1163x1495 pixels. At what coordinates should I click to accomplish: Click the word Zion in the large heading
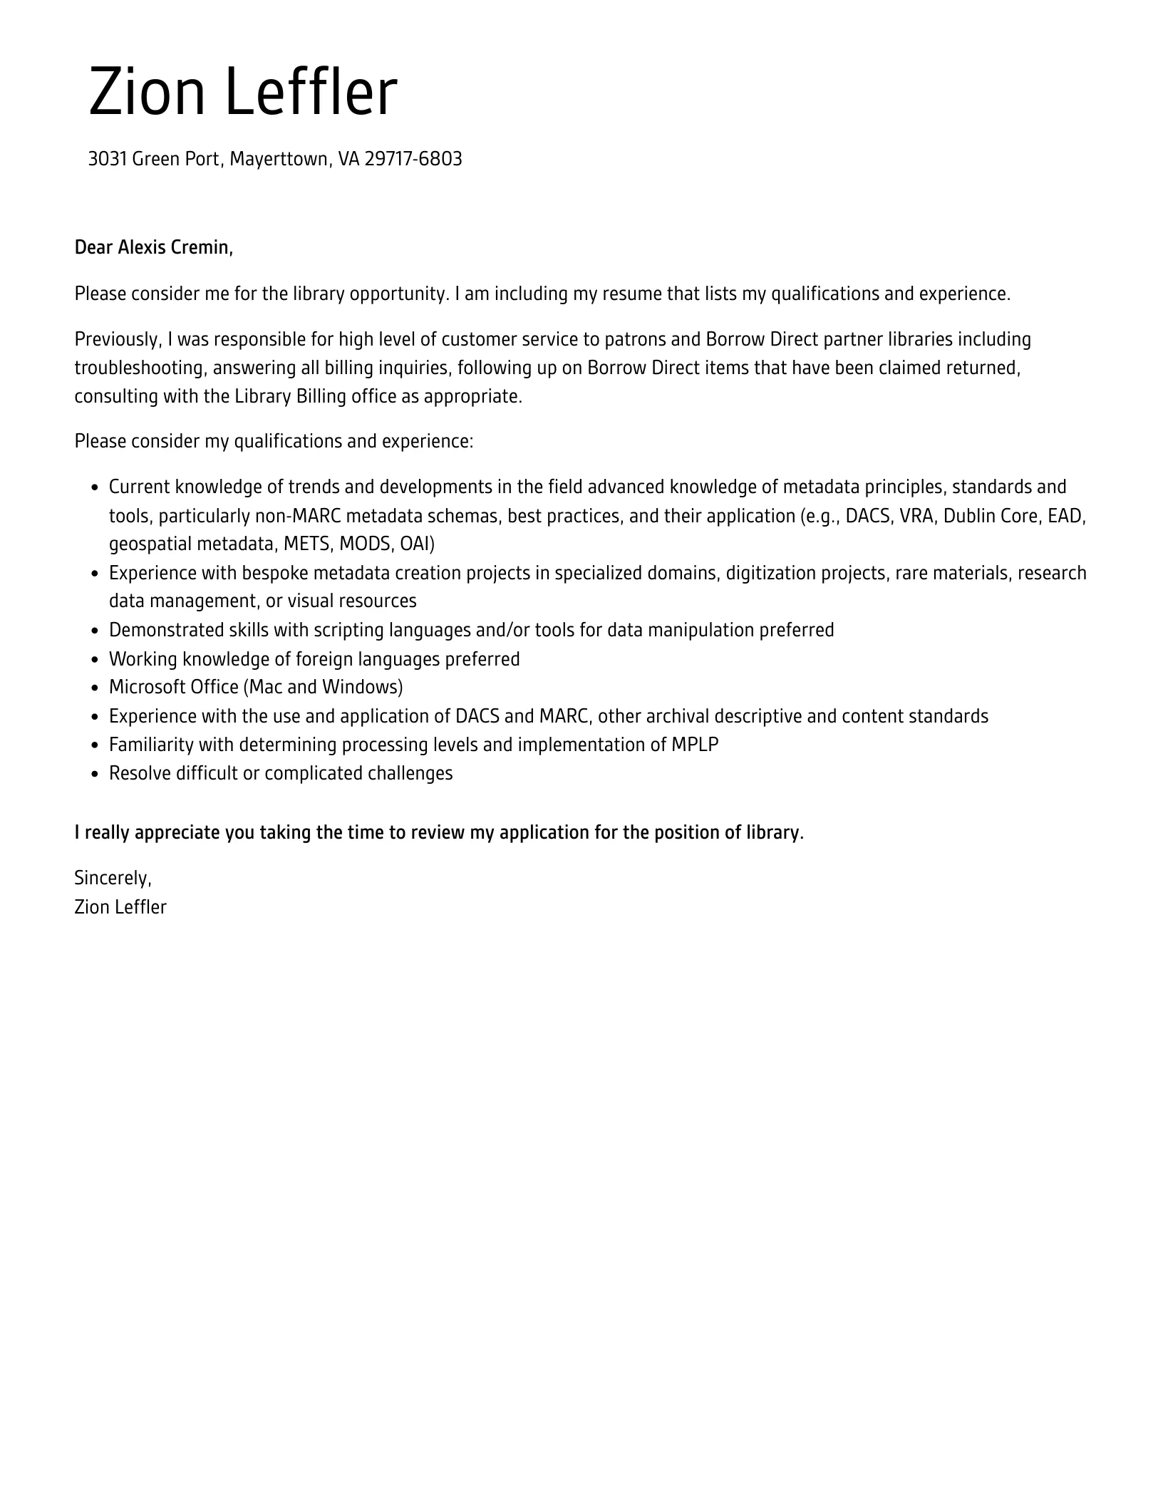147,92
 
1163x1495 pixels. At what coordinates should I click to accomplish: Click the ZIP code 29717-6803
413,159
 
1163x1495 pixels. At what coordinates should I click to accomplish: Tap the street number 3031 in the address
108,159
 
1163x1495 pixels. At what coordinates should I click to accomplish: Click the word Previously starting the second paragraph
118,339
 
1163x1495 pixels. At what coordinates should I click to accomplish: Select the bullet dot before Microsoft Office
95,688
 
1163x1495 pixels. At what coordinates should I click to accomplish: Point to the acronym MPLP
694,745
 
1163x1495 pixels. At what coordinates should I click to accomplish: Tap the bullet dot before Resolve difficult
95,775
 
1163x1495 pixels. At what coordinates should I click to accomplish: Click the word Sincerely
113,879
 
